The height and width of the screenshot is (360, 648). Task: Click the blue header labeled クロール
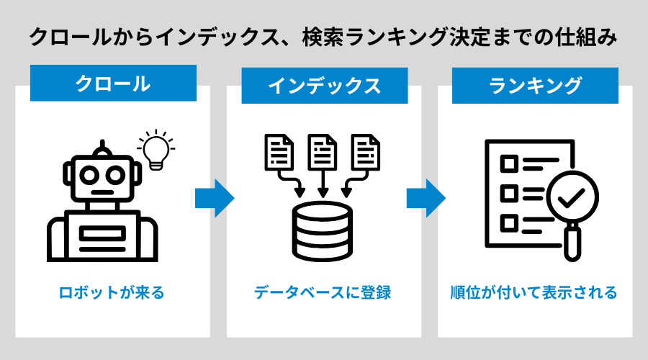tap(113, 84)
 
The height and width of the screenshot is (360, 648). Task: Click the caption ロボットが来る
tap(112, 293)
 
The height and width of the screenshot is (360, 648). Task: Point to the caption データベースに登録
tap(323, 293)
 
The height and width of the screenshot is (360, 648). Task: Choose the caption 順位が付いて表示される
tap(534, 293)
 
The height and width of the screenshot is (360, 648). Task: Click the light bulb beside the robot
tap(156, 149)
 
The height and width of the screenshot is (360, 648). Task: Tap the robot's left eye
tap(89, 173)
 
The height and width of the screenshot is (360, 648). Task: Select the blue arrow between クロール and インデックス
tap(214, 197)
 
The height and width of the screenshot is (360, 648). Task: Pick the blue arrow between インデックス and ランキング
tap(426, 197)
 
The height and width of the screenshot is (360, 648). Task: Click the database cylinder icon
tap(323, 228)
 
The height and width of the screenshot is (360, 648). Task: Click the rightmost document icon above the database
tap(365, 152)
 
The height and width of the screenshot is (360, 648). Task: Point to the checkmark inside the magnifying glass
tap(572, 197)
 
